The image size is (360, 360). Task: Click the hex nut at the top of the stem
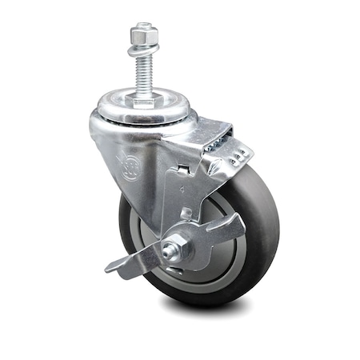tap(143, 34)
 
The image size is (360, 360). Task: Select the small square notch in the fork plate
tap(182, 170)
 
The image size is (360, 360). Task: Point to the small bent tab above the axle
tap(186, 214)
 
